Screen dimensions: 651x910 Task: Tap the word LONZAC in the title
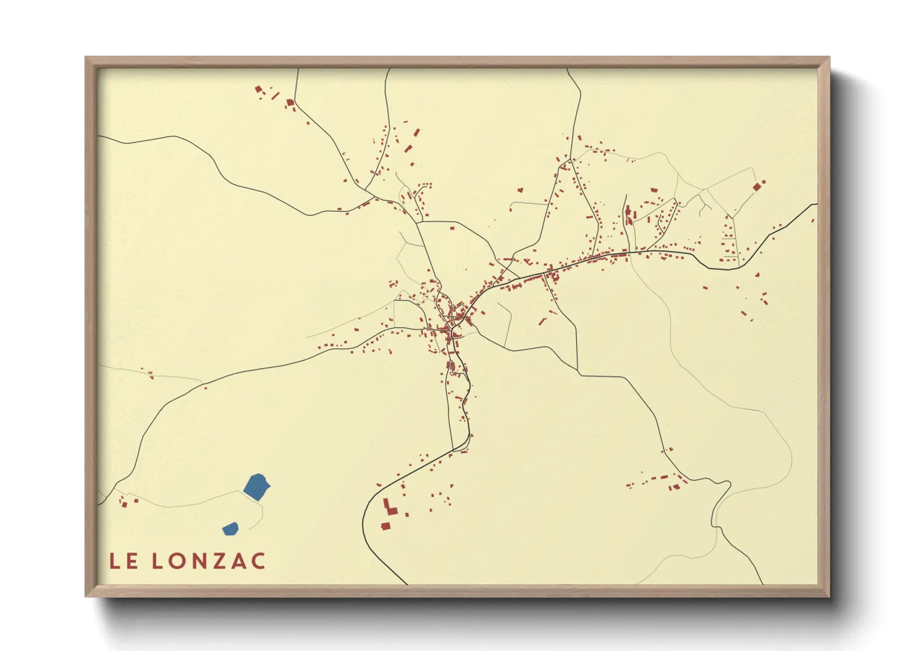coord(209,561)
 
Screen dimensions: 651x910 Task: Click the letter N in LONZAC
coord(198,561)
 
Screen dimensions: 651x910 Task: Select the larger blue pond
coord(257,486)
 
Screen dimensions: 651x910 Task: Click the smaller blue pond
coord(231,528)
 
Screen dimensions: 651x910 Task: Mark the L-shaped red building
coord(389,508)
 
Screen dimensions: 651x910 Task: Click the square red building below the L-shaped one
coord(386,526)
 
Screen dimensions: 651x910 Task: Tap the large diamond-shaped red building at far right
coord(756,187)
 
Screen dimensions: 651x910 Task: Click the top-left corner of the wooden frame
coord(86,58)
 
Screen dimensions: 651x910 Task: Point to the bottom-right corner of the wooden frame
coord(829,596)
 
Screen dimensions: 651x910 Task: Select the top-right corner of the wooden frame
coord(829,58)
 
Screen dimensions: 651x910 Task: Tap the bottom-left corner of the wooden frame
coord(86,596)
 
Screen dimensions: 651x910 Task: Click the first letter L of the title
coord(114,561)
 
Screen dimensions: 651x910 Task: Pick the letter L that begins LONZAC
coord(157,561)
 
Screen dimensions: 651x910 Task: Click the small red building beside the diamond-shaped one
coord(764,182)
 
